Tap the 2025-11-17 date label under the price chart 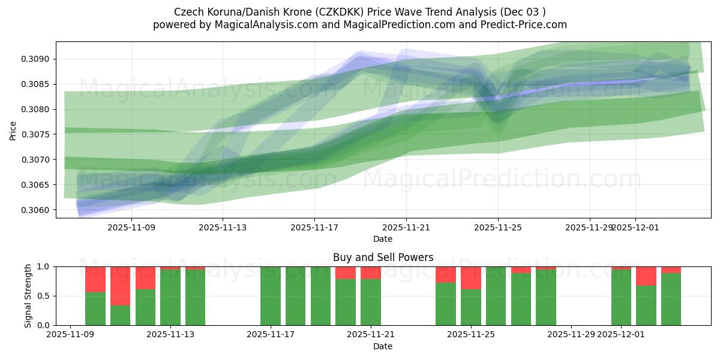(x=314, y=227)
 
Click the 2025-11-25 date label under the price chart (x=497, y=227)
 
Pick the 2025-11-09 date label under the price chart (x=131, y=227)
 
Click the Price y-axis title (x=13, y=130)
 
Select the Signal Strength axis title (x=28, y=296)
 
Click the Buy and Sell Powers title (x=383, y=257)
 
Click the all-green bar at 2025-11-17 (x=271, y=296)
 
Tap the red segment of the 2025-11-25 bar (x=471, y=278)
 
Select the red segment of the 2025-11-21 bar (x=371, y=272)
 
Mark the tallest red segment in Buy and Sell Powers (x=121, y=286)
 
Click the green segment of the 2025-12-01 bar (x=621, y=298)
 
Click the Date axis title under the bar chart (x=383, y=346)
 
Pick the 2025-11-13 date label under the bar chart (x=171, y=334)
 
